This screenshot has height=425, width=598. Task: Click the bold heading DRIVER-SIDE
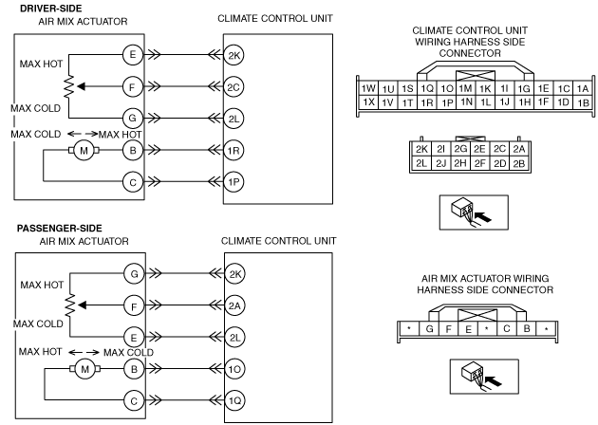pyautogui.click(x=50, y=8)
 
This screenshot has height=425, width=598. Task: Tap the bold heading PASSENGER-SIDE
pyautogui.click(x=60, y=229)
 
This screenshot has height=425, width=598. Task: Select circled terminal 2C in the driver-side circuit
pyautogui.click(x=234, y=87)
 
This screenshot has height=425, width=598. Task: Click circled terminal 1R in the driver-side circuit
pyautogui.click(x=234, y=151)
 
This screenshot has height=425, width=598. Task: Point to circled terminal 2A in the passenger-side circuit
pyautogui.click(x=234, y=305)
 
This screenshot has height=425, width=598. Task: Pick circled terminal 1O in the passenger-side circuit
pyautogui.click(x=234, y=369)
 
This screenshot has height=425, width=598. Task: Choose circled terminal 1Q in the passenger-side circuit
pyautogui.click(x=234, y=400)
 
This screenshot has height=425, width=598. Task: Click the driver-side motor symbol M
pyautogui.click(x=84, y=151)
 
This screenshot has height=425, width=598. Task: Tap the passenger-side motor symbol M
pyautogui.click(x=85, y=369)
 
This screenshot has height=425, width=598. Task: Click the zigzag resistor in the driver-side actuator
pyautogui.click(x=69, y=87)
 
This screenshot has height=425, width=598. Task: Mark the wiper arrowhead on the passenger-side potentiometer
pyautogui.click(x=82, y=305)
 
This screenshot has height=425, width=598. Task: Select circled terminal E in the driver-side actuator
pyautogui.click(x=132, y=54)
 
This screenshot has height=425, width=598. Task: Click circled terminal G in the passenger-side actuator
pyautogui.click(x=134, y=273)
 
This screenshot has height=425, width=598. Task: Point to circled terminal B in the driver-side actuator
pyautogui.click(x=132, y=151)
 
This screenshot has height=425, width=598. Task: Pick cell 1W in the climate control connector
pyautogui.click(x=368, y=88)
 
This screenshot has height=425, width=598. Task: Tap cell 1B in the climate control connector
pyautogui.click(x=583, y=102)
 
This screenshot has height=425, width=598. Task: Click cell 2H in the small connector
pyautogui.click(x=460, y=163)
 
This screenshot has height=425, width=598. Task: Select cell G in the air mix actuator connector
pyautogui.click(x=429, y=328)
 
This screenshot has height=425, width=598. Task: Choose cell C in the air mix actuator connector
pyautogui.click(x=507, y=328)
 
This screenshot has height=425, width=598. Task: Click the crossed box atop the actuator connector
pyautogui.click(x=477, y=315)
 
